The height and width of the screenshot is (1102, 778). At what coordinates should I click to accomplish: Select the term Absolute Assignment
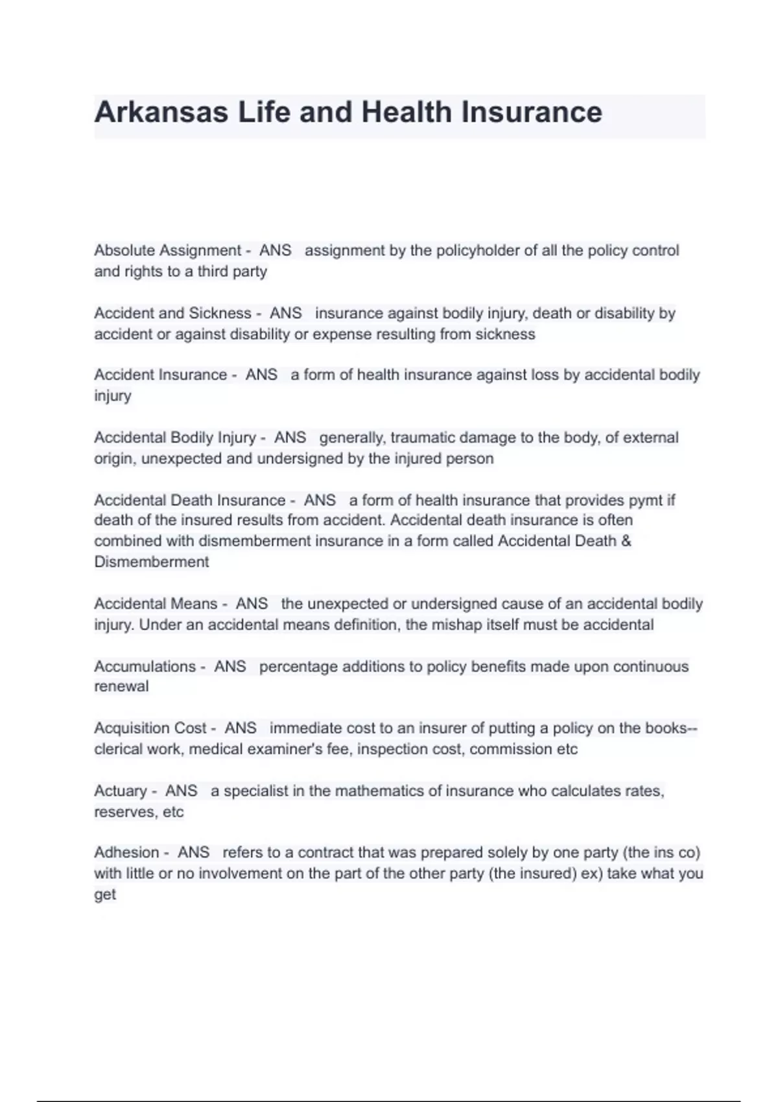coord(167,250)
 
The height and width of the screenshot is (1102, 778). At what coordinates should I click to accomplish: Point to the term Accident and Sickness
coord(172,313)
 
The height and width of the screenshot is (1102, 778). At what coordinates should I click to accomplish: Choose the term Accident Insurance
coord(160,375)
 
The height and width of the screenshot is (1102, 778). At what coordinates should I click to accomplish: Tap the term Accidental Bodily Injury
coord(175,438)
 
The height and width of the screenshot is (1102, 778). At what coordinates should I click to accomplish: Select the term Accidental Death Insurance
coord(189,500)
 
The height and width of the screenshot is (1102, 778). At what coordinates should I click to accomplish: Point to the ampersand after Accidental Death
coord(626,541)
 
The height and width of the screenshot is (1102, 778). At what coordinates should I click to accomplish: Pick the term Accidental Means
coord(156,604)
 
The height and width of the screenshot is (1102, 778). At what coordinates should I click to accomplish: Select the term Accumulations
coord(145,666)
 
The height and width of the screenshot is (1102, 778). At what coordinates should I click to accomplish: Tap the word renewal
coord(121,686)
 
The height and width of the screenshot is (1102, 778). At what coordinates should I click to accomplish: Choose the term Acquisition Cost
coord(150,728)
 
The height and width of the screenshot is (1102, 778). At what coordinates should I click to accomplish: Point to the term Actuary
coord(121,791)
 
